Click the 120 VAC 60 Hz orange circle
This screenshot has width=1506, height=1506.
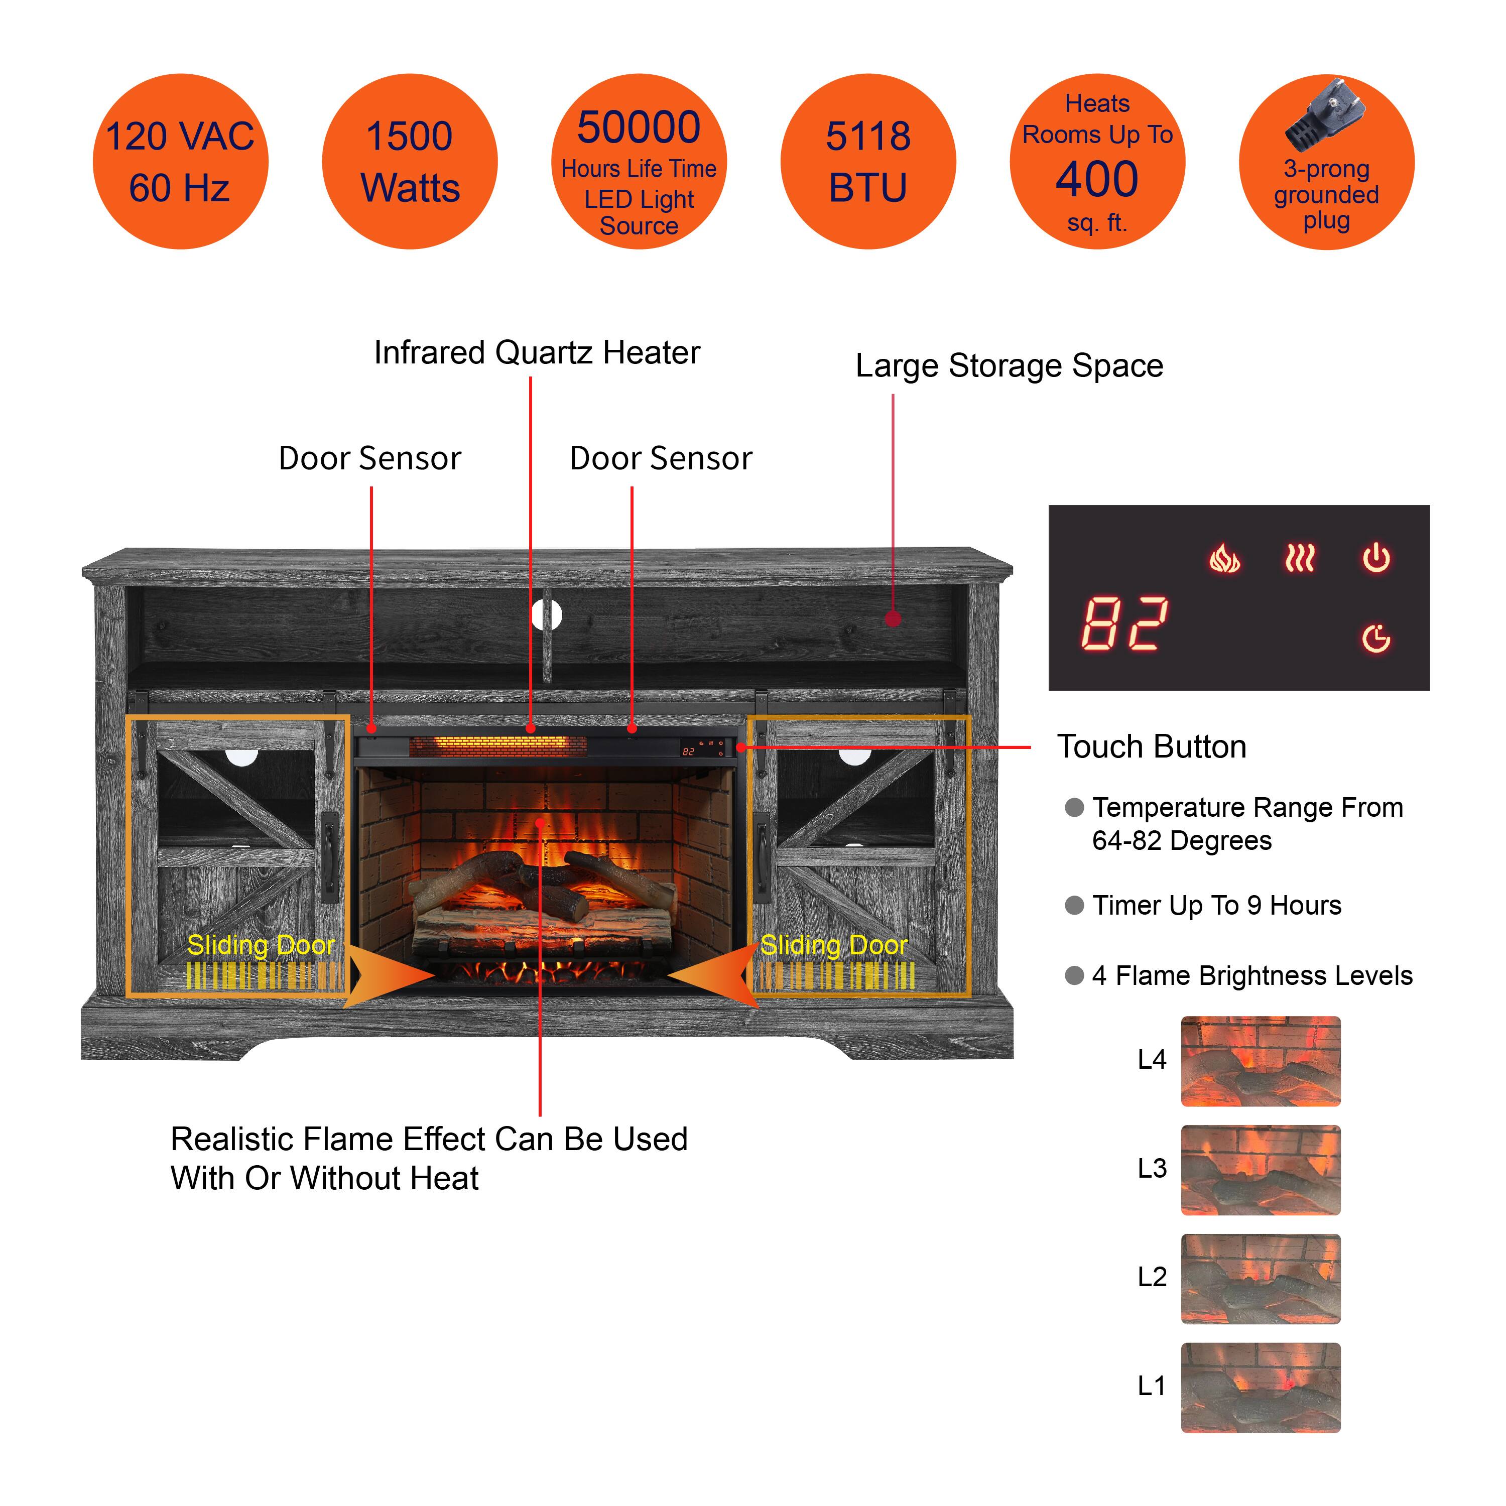tap(180, 161)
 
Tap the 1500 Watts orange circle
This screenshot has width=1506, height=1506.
tap(409, 161)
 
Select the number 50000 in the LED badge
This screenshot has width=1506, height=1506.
tap(639, 127)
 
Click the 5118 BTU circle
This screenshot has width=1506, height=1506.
tap(867, 161)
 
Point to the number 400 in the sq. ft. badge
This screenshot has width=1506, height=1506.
tap(1097, 179)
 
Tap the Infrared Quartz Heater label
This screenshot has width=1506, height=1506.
tap(537, 353)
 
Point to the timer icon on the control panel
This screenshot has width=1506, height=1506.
tap(1376, 639)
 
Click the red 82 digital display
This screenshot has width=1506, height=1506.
tap(1124, 623)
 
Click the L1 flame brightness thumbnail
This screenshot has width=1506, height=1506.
tap(1261, 1388)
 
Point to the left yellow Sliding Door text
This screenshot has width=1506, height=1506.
tap(261, 945)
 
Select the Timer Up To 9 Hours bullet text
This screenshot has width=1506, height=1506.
tap(1216, 905)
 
